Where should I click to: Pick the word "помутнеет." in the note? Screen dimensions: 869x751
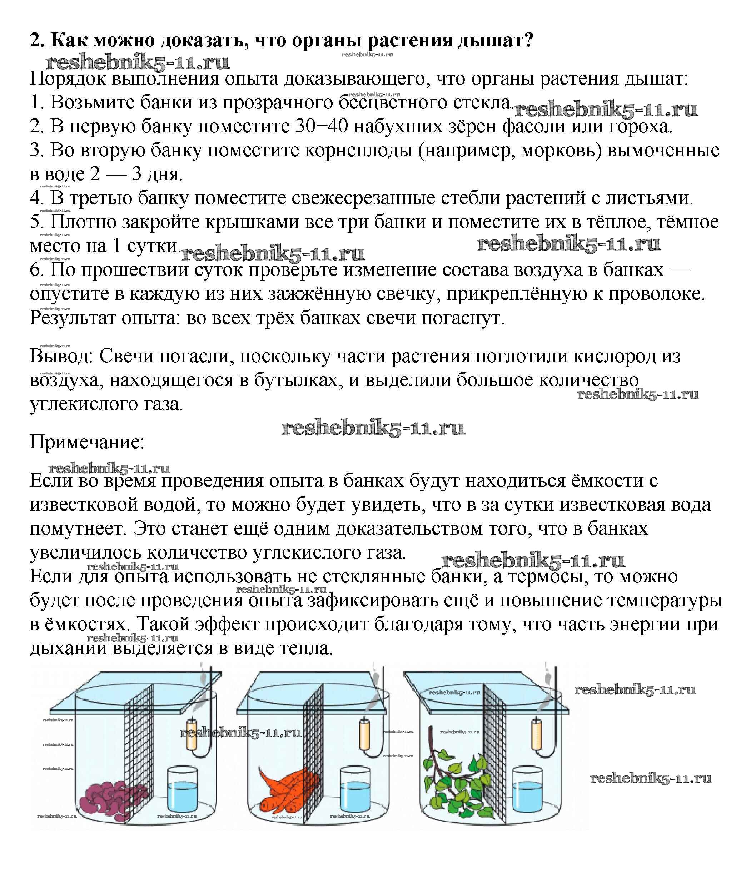78,529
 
